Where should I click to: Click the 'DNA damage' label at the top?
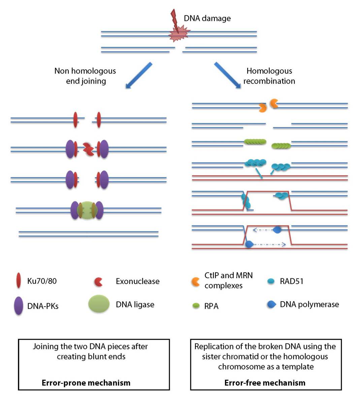pyautogui.click(x=207, y=18)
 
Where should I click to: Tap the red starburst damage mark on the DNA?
pyautogui.click(x=179, y=34)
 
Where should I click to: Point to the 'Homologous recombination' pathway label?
pyautogui.click(x=269, y=76)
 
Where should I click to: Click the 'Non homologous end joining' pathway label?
pyautogui.click(x=85, y=76)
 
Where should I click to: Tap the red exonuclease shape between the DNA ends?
pyautogui.click(x=89, y=149)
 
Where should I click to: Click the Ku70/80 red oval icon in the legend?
pyautogui.click(x=19, y=281)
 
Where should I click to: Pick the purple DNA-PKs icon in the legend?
pyautogui.click(x=19, y=305)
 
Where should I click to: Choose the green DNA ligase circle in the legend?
pyautogui.click(x=99, y=304)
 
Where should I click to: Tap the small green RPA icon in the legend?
pyautogui.click(x=196, y=306)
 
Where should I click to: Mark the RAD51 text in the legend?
pyautogui.click(x=291, y=281)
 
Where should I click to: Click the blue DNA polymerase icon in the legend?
pyautogui.click(x=271, y=305)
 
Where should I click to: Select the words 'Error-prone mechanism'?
pyautogui.click(x=86, y=383)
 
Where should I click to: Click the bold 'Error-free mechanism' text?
pyautogui.click(x=265, y=383)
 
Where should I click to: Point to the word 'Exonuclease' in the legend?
pyautogui.click(x=137, y=281)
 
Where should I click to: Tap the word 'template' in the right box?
pyautogui.click(x=297, y=367)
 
